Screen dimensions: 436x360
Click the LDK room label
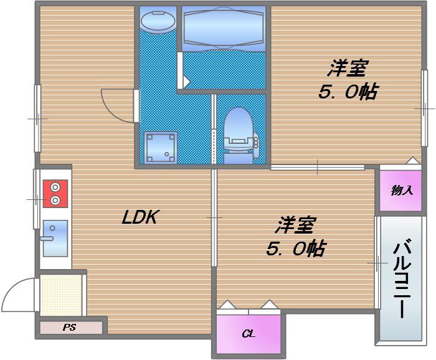140,217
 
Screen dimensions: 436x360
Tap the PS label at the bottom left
69,327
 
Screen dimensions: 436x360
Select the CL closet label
249,333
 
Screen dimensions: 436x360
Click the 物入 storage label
402,191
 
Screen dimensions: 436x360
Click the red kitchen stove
55,194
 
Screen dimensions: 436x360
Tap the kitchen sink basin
55,239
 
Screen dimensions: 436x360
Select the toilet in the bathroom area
239,135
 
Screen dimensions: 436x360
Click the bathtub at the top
224,29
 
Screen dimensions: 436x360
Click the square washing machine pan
161,147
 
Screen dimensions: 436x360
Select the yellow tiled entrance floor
61,295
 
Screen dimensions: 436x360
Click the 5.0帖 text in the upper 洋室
348,92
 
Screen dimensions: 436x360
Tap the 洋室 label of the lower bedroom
295,225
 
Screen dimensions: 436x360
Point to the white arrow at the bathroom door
186,82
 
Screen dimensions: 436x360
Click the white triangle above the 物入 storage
413,161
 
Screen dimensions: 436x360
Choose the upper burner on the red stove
55,187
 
